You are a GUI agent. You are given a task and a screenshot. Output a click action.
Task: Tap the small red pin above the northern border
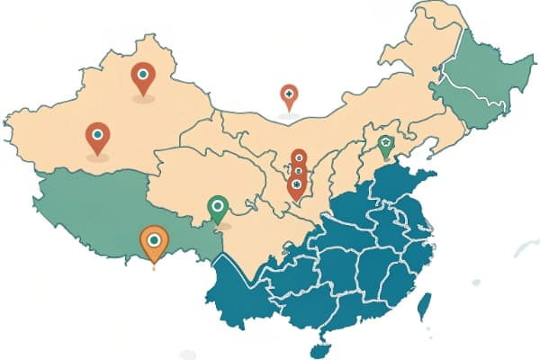289,94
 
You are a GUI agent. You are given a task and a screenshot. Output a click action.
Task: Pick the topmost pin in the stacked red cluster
299,157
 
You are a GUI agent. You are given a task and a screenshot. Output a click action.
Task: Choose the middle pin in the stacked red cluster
298,170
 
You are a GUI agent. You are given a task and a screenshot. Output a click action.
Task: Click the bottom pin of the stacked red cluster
296,185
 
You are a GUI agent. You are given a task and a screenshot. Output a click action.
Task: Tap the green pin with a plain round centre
217,207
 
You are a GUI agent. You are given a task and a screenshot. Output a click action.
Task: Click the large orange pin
155,241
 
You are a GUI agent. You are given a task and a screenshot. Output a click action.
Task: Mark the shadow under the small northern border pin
288,115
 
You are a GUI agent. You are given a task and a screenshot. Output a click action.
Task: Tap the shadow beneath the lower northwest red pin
97,157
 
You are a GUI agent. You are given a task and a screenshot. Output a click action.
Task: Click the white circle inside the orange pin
155,239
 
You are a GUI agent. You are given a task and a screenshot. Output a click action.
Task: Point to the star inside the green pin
385,143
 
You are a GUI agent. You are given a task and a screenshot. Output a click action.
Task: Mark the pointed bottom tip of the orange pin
154,266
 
